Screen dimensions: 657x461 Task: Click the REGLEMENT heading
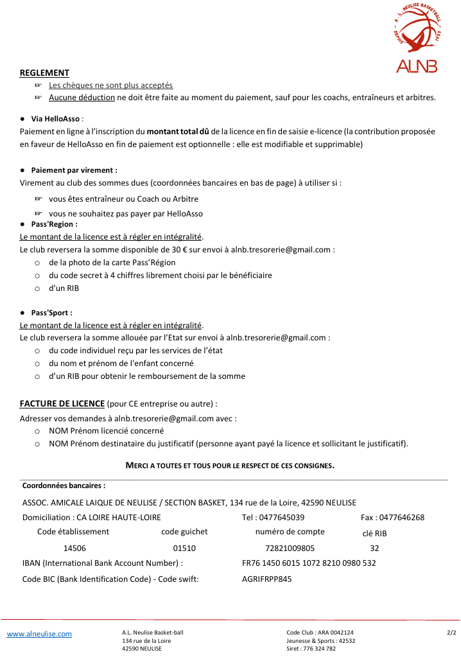click(x=44, y=73)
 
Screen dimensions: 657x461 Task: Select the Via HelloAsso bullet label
click(x=57, y=119)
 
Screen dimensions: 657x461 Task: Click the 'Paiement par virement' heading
click(x=74, y=170)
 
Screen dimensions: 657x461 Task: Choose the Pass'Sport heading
click(x=51, y=313)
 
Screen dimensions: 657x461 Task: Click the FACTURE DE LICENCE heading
click(x=62, y=403)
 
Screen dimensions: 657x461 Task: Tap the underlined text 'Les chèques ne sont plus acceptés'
click(x=110, y=85)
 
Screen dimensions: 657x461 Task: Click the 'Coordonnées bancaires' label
click(x=64, y=486)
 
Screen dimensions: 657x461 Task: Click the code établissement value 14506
click(x=74, y=548)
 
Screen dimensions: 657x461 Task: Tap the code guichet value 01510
click(x=184, y=548)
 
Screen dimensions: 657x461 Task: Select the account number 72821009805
click(x=290, y=548)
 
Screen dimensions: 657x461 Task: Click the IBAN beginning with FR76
click(x=309, y=563)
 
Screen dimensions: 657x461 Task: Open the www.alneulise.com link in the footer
click(x=39, y=634)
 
